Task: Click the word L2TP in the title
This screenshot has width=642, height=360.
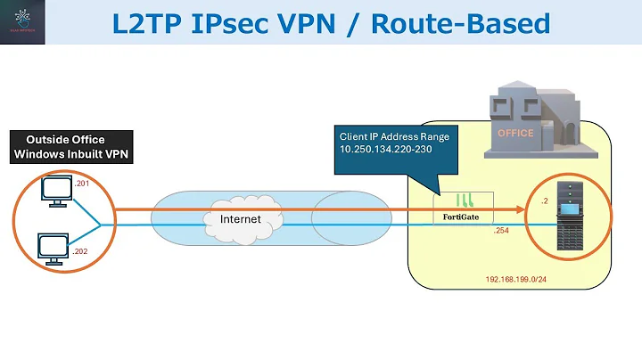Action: pyautogui.click(x=152, y=23)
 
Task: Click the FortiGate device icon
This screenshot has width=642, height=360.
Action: pyautogui.click(x=463, y=206)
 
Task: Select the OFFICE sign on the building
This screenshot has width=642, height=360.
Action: pyautogui.click(x=515, y=134)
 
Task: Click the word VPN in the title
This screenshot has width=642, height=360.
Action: pyautogui.click(x=340, y=23)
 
